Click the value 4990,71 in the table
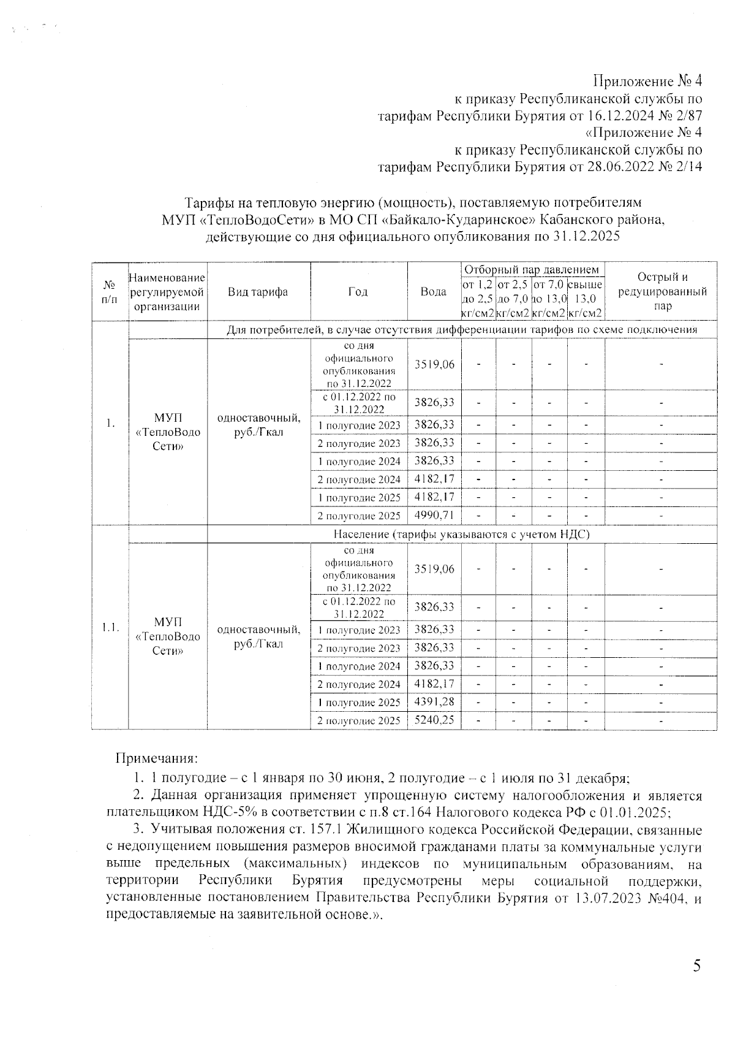[x=434, y=514]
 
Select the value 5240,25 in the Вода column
[x=434, y=719]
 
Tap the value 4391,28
[x=434, y=701]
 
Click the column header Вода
[x=434, y=292]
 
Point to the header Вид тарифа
[x=258, y=292]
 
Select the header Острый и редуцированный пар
[x=661, y=292]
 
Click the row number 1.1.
[x=110, y=627]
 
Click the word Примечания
[x=157, y=758]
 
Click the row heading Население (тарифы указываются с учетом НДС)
[x=461, y=534]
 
